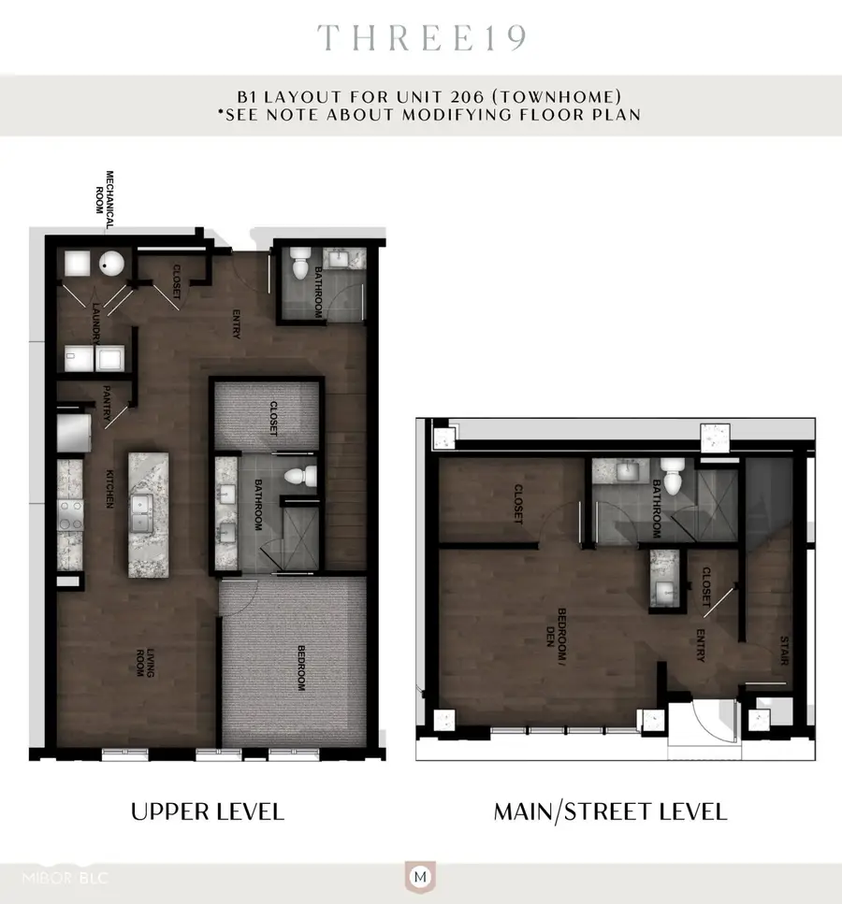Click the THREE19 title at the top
421,37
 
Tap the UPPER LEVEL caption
208,811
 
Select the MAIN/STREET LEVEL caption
610,811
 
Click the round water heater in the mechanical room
112,265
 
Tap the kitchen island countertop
145,513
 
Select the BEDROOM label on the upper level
300,667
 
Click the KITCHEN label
109,489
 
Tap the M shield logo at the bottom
421,878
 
